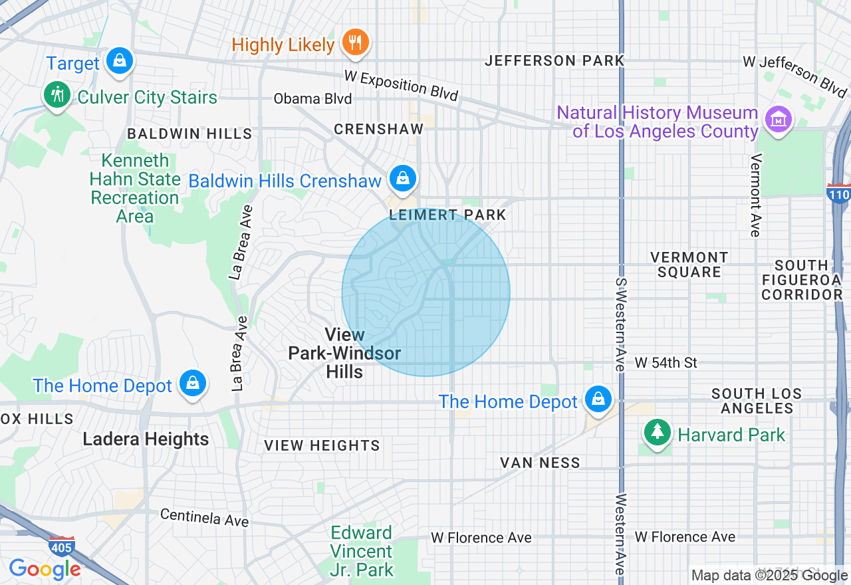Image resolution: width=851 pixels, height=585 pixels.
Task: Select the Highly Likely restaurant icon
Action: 356,43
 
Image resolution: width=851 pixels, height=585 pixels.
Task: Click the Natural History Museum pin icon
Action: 777,120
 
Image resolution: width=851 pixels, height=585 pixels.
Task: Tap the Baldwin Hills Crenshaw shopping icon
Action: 403,177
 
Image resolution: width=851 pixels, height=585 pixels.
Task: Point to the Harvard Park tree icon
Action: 658,433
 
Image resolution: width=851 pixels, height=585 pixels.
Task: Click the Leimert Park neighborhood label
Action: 447,215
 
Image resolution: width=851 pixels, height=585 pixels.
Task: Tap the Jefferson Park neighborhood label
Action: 554,60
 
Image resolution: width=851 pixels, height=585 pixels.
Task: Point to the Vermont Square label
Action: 689,265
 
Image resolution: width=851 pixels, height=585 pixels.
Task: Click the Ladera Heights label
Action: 146,439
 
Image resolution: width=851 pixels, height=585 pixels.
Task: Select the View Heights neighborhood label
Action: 322,445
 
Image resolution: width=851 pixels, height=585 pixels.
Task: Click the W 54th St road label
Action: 666,362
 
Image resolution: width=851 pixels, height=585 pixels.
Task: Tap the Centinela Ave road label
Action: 205,517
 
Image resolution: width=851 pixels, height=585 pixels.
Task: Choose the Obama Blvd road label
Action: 312,99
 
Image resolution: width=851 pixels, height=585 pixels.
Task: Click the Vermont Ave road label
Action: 755,195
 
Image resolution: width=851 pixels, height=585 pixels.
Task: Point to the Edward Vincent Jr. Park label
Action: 362,551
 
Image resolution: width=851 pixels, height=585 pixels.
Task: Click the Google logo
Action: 45,570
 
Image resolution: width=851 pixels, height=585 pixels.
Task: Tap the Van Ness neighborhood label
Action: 540,463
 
